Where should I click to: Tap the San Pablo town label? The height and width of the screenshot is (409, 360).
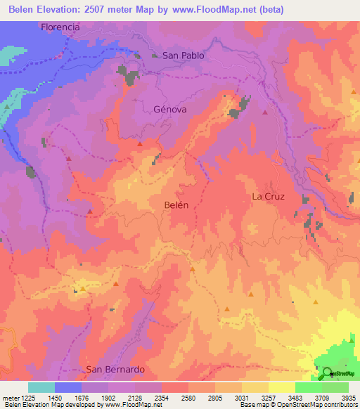click(183, 55)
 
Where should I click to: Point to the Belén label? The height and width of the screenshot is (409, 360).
click(176, 204)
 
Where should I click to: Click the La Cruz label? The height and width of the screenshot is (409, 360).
click(268, 197)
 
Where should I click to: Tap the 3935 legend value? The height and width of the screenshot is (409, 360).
click(347, 398)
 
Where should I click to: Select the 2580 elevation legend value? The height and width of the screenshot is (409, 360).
click(188, 398)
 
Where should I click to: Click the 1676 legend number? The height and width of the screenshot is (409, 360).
click(82, 398)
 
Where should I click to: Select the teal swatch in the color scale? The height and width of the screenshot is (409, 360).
click(41, 387)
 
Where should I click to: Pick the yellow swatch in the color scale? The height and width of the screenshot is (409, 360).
click(281, 387)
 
